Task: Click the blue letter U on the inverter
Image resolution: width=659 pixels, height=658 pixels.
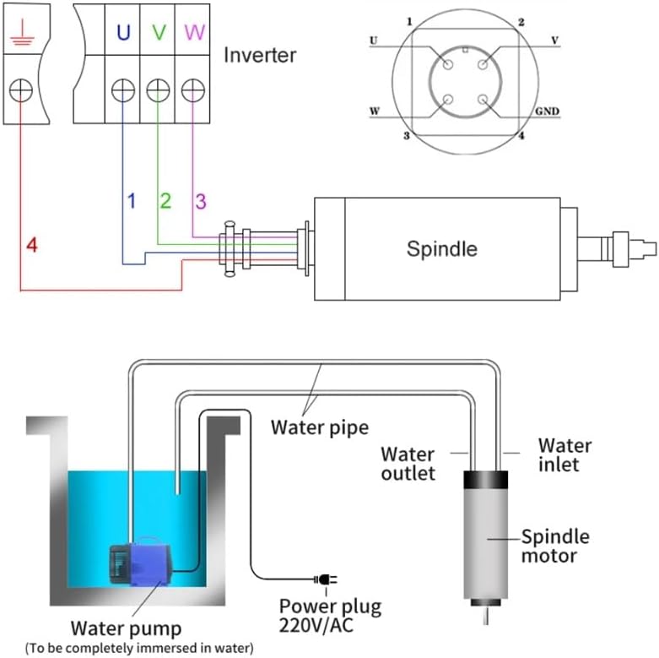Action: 123,32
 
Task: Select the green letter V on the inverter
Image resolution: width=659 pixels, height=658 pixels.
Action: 159,32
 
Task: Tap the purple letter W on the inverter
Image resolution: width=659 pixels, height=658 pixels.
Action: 194,32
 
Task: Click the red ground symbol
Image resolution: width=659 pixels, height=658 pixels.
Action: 21,32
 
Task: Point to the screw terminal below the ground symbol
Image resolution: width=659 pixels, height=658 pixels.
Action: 20,90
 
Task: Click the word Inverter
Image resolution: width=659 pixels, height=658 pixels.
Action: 260,55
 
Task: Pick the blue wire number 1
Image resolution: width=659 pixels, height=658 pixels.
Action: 132,201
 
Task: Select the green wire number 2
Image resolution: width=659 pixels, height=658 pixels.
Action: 165,201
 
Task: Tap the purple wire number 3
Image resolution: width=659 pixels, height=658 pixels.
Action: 201,201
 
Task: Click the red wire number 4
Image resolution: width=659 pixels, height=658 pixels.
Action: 32,245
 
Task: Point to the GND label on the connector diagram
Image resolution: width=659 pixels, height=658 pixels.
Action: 547,111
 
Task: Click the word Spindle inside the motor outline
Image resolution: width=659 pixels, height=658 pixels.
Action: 441,248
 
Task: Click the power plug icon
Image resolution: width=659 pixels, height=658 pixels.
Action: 326,579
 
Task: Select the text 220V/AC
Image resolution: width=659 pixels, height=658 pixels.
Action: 316,626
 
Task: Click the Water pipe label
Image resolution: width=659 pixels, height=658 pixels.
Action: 320,427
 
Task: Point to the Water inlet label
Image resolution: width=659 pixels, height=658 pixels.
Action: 564,454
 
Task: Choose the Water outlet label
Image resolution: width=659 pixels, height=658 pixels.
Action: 408,464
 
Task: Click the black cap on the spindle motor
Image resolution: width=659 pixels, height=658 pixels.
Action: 485,480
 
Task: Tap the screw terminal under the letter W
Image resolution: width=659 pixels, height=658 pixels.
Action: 193,90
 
